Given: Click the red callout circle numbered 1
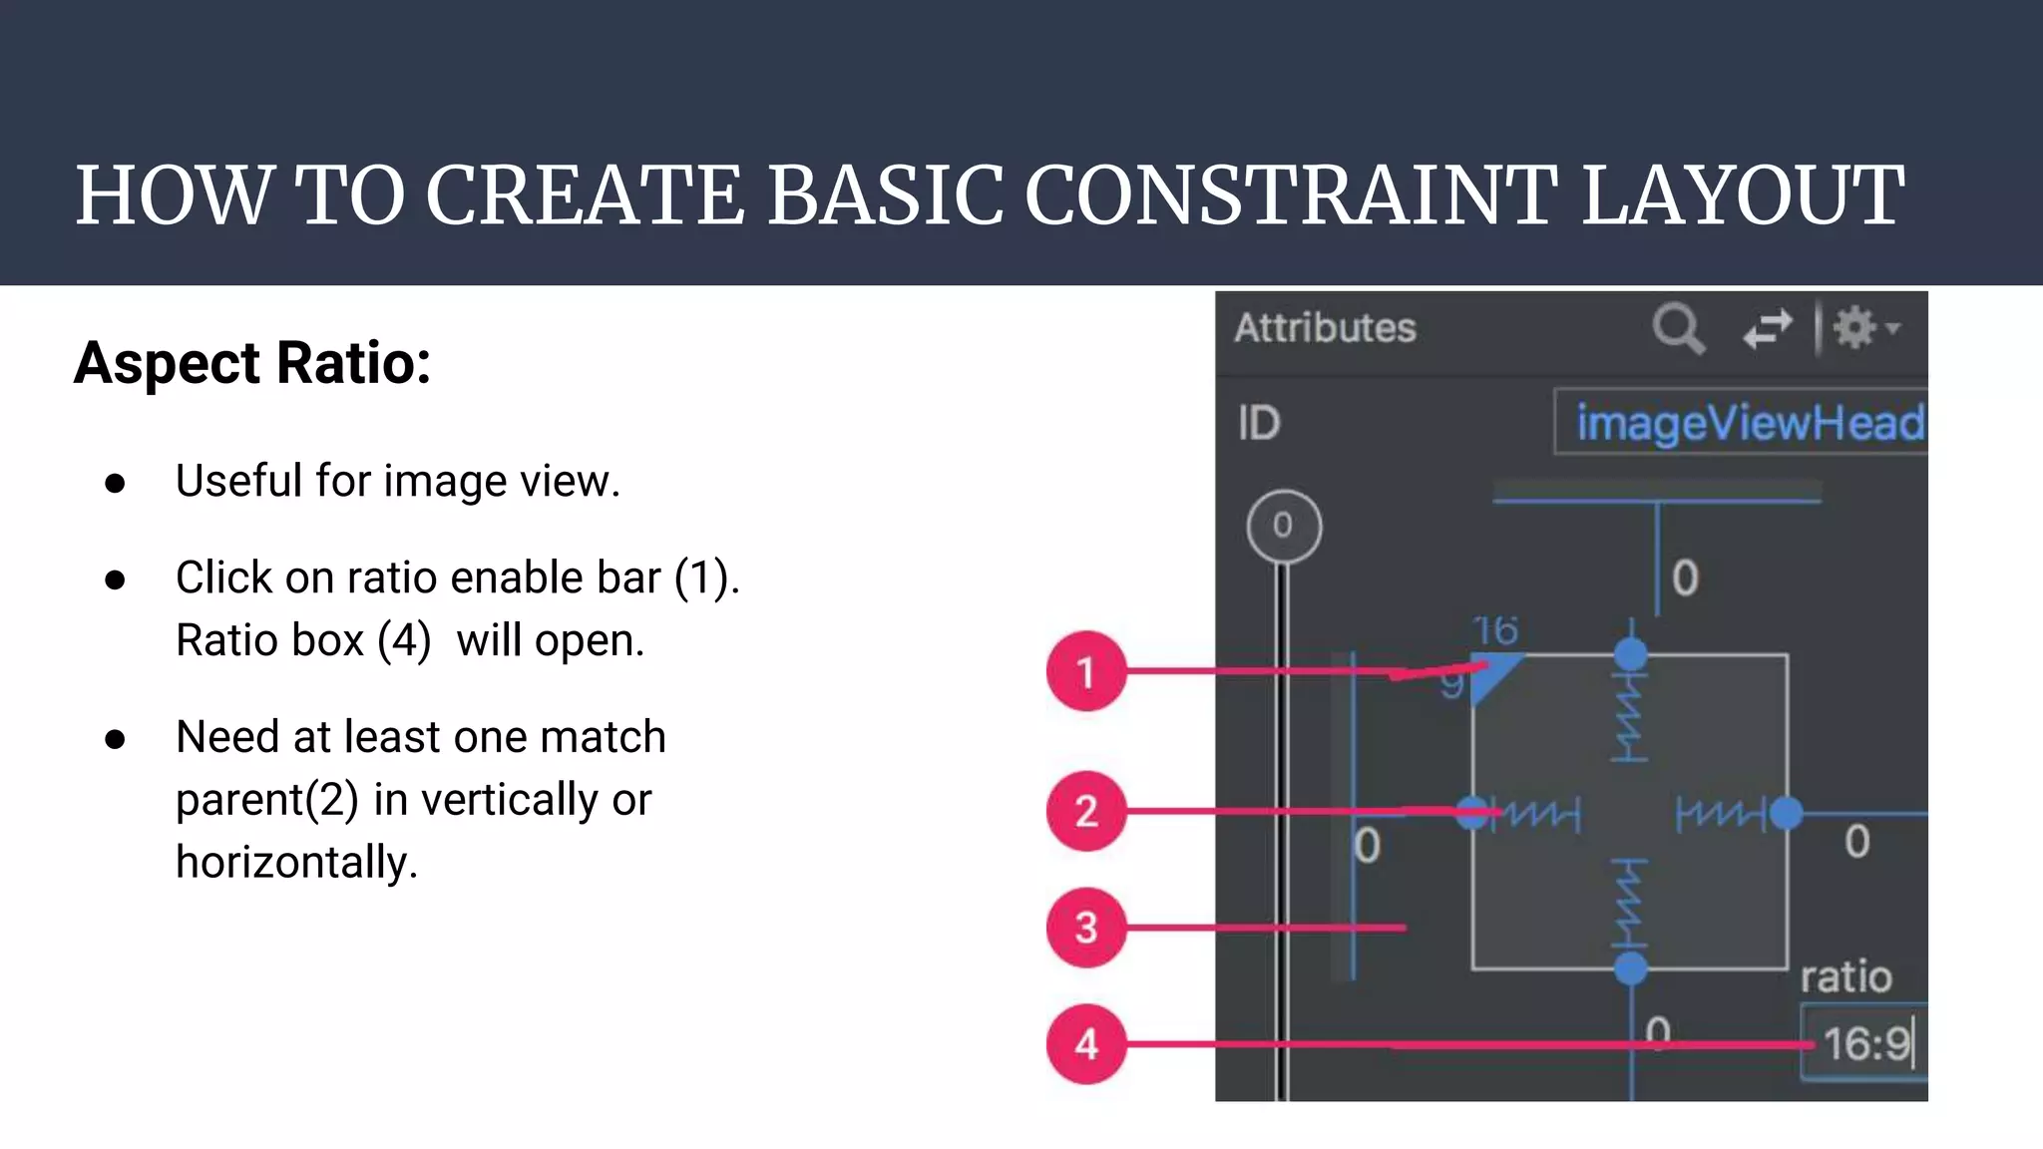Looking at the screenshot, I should click(x=1086, y=671).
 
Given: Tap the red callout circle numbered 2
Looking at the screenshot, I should click(x=1086, y=811).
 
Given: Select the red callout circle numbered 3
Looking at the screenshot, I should click(x=1086, y=928).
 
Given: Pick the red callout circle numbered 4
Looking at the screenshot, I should click(x=1086, y=1043).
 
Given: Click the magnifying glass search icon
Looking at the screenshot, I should click(x=1678, y=328).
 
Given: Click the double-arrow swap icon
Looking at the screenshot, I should click(x=1767, y=328).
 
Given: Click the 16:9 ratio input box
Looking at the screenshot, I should click(x=1863, y=1044).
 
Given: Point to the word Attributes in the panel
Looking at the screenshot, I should click(x=1325, y=328).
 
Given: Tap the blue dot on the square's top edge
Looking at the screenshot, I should click(x=1631, y=654).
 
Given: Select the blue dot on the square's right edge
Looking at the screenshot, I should click(x=1786, y=813).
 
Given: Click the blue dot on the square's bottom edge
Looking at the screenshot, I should click(x=1631, y=967).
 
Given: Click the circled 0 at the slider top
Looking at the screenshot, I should click(x=1284, y=526).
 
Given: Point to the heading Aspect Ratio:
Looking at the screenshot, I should click(x=252, y=362).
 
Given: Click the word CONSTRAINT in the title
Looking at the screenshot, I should click(x=1291, y=195).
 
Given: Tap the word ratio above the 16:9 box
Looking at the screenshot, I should click(x=1845, y=976).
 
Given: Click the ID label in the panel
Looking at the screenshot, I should click(x=1259, y=423).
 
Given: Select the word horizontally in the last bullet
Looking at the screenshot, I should click(x=296, y=862).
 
